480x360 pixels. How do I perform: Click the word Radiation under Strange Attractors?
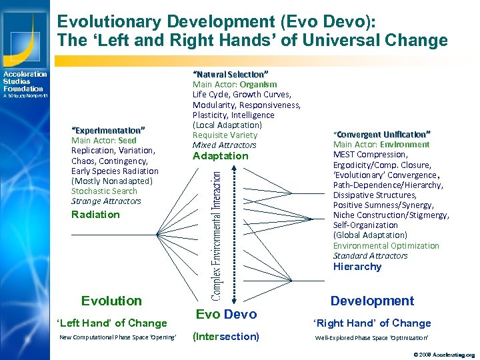tap(95, 214)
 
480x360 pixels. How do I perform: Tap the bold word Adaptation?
tap(220, 156)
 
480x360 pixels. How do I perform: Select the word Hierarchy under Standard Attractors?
tap(357, 267)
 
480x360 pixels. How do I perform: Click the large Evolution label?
tap(111, 301)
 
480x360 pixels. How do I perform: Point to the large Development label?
tap(372, 301)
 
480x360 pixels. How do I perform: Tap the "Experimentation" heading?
tap(108, 129)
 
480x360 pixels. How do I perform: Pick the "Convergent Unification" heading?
tap(382, 134)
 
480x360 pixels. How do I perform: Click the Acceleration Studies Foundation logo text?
tap(25, 81)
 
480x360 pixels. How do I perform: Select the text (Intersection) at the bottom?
tap(225, 336)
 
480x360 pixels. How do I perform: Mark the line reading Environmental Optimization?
tap(386, 245)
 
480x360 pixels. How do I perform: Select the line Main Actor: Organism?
tap(235, 85)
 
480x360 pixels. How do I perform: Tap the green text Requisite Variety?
tap(225, 135)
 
